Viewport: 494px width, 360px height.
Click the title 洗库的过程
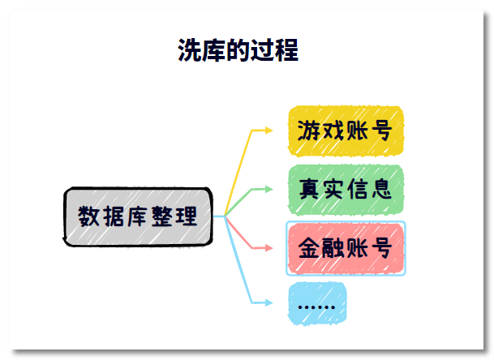pyautogui.click(x=238, y=50)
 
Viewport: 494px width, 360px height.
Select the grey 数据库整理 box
pyautogui.click(x=138, y=216)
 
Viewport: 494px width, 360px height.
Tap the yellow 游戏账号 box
pyautogui.click(x=346, y=131)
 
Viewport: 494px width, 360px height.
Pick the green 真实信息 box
pyautogui.click(x=346, y=190)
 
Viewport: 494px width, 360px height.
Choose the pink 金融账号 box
pyautogui.click(x=346, y=248)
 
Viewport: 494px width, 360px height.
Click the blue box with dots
pyautogui.click(x=317, y=303)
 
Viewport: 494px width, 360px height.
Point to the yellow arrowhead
pyautogui.click(x=268, y=130)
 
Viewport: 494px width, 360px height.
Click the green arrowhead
pyautogui.click(x=268, y=189)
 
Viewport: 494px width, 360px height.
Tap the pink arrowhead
pyautogui.click(x=268, y=248)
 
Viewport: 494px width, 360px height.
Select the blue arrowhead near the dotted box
pyautogui.click(x=268, y=302)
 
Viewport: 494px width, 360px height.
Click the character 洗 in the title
pyautogui.click(x=189, y=50)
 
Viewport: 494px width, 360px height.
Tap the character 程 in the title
pyautogui.click(x=286, y=50)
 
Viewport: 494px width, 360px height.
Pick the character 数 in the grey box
pyautogui.click(x=89, y=216)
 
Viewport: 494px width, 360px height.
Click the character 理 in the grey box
pyautogui.click(x=187, y=216)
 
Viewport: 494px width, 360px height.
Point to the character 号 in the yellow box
pyautogui.click(x=381, y=131)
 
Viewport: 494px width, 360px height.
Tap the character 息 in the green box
pyautogui.click(x=381, y=189)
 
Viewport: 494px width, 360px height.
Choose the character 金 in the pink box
pyautogui.click(x=309, y=248)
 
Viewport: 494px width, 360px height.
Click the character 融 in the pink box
pyautogui.click(x=333, y=248)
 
